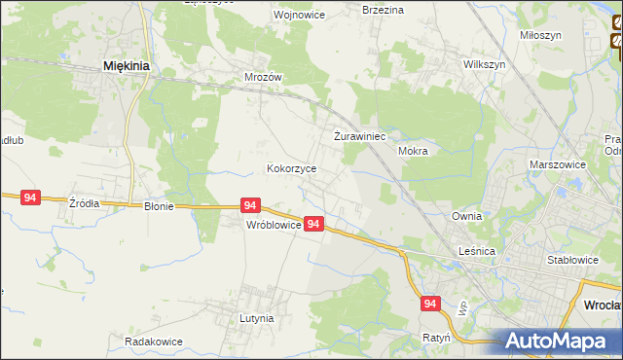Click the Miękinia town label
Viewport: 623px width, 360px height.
click(x=126, y=66)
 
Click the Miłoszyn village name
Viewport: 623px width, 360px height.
click(x=540, y=34)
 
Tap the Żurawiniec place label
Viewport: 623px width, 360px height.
click(x=360, y=137)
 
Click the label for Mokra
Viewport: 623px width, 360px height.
click(x=414, y=152)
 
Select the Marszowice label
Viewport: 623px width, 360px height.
click(x=558, y=165)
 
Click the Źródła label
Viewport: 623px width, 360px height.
click(x=84, y=203)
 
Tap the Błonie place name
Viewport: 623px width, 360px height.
click(x=159, y=206)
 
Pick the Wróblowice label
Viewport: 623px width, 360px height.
click(x=272, y=224)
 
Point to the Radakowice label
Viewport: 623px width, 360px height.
click(x=154, y=342)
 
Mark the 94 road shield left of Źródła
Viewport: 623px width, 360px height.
click(x=30, y=198)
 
